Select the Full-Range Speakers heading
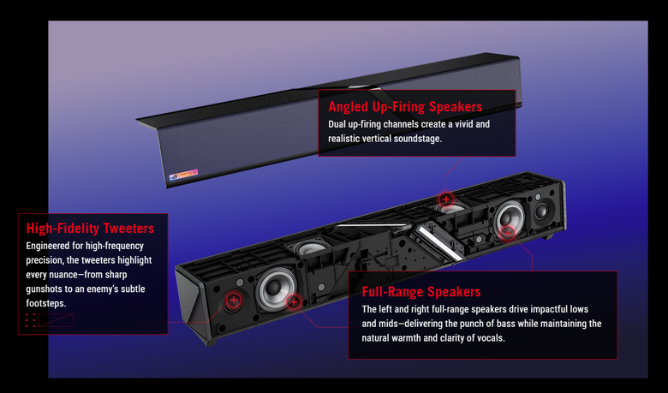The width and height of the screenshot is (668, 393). pos(421,292)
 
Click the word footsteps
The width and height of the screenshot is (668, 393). pos(46,304)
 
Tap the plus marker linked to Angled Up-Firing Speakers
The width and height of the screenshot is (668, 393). pos(446,199)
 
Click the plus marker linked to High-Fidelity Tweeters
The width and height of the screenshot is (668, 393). pos(233,301)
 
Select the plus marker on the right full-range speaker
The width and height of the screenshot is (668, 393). pos(507,233)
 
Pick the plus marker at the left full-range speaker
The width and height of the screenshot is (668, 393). pos(293,302)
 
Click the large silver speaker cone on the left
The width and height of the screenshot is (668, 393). pos(276,289)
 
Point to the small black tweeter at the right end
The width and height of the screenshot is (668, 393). pos(541,211)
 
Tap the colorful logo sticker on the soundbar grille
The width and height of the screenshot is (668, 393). pos(183,175)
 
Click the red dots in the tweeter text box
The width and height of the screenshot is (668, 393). pos(30,320)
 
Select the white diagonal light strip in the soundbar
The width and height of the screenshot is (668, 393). pos(438,243)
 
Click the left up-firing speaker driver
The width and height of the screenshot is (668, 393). pos(310,247)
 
